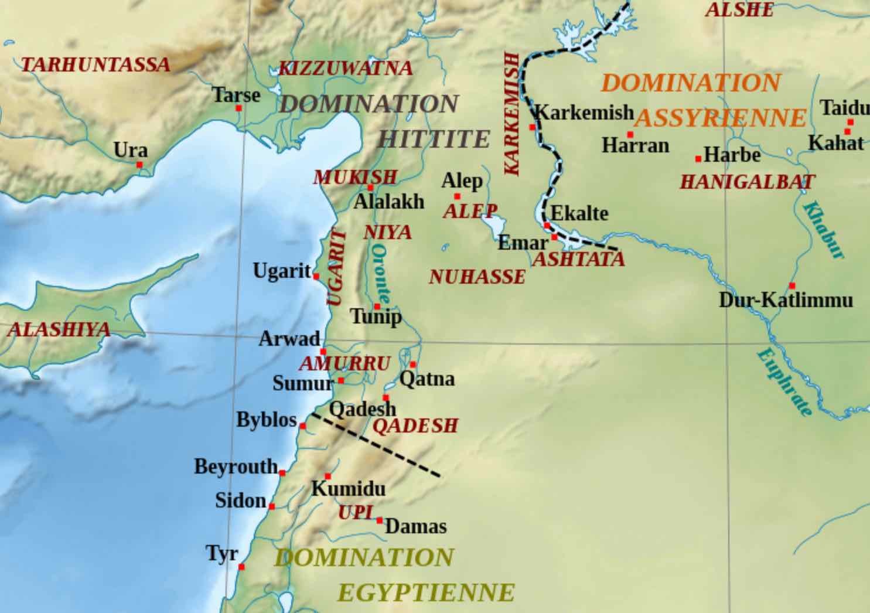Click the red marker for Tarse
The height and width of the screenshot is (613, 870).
tap(238, 108)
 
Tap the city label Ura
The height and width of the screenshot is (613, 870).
tap(131, 151)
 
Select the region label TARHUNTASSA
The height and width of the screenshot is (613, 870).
tap(95, 64)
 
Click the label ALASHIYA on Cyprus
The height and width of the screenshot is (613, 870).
tap(59, 329)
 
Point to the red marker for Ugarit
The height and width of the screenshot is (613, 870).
tap(316, 276)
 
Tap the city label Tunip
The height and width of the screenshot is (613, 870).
tap(376, 317)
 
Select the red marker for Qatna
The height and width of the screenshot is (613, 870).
tap(413, 365)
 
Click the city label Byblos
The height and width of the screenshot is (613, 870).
tap(266, 420)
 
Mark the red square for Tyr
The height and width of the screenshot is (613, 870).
tap(241, 567)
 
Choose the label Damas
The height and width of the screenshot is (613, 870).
tap(416, 526)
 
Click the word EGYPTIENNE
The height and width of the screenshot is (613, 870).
tap(426, 593)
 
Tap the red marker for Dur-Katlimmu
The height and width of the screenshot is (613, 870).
tap(792, 286)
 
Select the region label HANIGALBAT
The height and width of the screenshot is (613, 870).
tap(747, 182)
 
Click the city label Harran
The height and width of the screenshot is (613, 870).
tap(635, 145)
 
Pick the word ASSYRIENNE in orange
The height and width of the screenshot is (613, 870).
tap(721, 118)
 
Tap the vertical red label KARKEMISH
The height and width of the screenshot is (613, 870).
tap(512, 114)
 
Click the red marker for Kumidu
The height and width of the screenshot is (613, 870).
tap(328, 476)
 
